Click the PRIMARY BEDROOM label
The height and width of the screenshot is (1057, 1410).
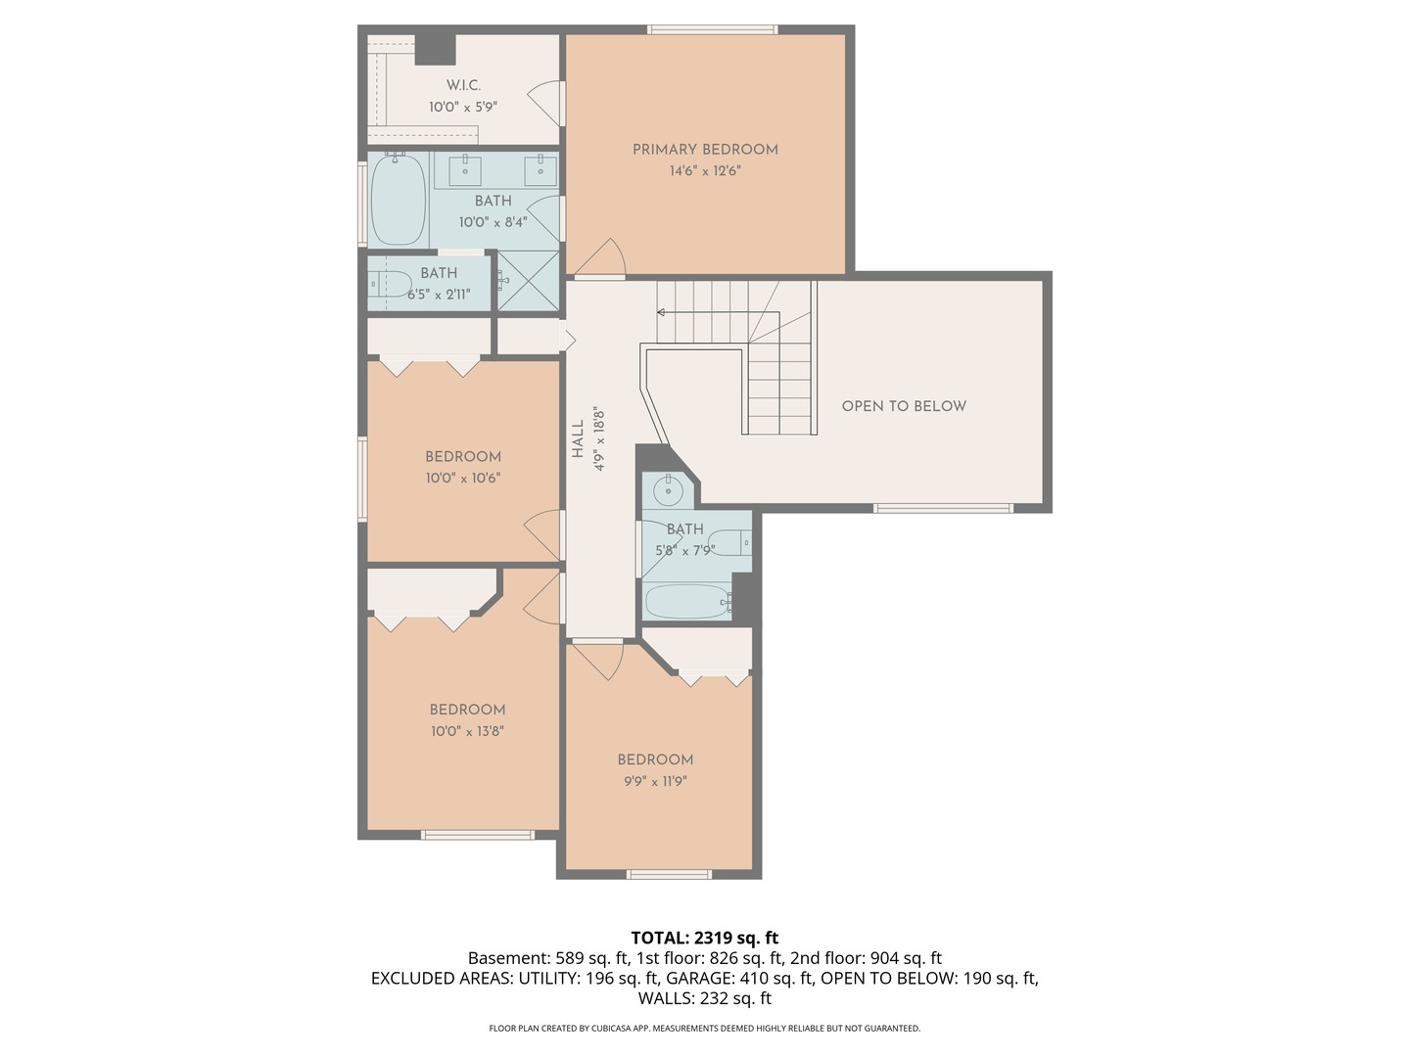[x=705, y=150]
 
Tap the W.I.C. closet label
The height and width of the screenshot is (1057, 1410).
[x=463, y=85]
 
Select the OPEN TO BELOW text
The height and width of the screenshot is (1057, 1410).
[x=904, y=406]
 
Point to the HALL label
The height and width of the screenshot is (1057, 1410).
[x=578, y=439]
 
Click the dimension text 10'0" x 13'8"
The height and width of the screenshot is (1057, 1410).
[x=467, y=731]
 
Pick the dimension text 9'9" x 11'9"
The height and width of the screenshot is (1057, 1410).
[x=655, y=781]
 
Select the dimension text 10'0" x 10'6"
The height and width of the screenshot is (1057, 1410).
[x=462, y=478]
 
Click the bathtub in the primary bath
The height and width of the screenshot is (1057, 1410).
[x=399, y=200]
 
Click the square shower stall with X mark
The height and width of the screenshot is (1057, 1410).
[x=529, y=282]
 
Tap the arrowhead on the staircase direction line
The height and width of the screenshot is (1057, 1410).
[x=661, y=313]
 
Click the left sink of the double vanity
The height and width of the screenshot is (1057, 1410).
[x=464, y=169]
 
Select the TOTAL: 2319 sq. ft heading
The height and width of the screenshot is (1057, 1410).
[x=704, y=938]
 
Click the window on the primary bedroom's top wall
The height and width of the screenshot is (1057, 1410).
[x=713, y=29]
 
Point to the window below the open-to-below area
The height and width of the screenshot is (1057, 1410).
[x=942, y=508]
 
